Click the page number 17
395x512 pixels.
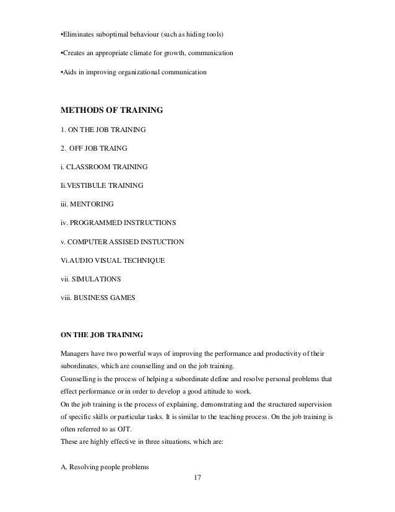click(197, 478)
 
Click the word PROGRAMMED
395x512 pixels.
click(95, 221)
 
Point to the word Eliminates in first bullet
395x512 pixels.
click(77, 32)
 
